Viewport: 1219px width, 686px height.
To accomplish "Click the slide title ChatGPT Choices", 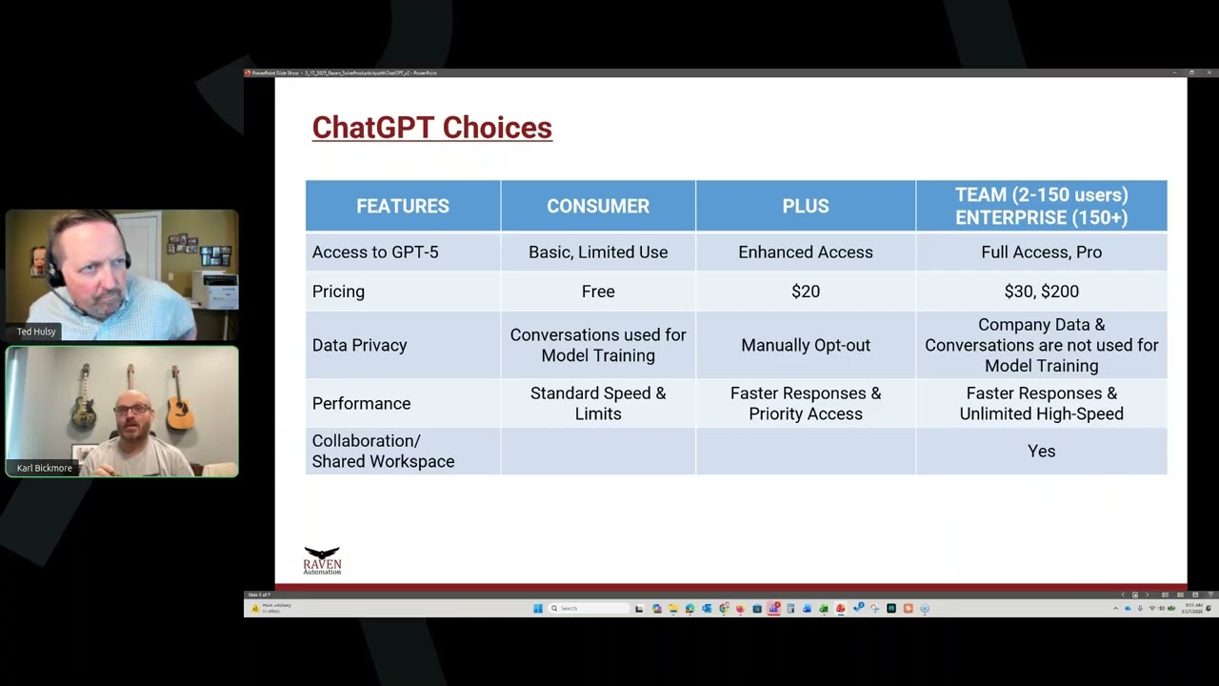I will coord(431,128).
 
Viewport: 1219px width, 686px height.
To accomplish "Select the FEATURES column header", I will coord(402,206).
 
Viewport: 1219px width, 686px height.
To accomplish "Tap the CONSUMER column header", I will coord(597,206).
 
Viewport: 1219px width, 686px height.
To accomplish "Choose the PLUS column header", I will coord(805,206).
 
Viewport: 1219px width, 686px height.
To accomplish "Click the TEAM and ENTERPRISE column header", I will coord(1041,206).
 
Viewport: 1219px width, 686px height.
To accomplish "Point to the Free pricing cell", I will coord(597,292).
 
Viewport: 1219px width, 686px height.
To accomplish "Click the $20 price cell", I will coord(805,292).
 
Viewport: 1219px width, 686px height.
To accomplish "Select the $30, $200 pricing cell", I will coord(1041,292).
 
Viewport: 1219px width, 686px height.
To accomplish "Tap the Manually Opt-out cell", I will coord(805,345).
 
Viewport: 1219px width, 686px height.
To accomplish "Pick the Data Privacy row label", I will coord(359,345).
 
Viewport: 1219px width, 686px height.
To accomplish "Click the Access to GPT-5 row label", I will coord(375,252).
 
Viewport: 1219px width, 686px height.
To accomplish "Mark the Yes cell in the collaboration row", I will coord(1041,452).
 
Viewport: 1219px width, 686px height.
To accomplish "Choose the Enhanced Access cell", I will coord(805,252).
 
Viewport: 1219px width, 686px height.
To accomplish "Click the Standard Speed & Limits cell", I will coord(597,403).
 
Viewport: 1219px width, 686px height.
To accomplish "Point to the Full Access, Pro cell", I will coord(1041,252).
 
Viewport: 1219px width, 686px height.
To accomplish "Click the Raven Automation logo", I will coord(322,560).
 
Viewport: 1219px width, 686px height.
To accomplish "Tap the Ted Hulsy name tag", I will coord(36,332).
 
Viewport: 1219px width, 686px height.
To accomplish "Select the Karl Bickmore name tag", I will coord(44,468).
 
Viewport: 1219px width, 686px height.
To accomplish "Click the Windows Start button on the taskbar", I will coord(538,608).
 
